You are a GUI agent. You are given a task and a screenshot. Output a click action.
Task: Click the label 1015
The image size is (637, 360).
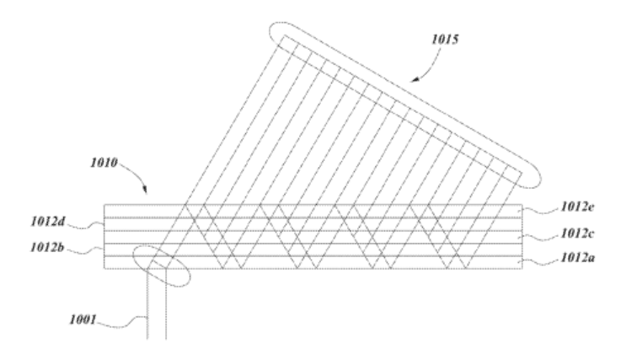[445, 40]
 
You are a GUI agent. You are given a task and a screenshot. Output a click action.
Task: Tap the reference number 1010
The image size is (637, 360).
[104, 163]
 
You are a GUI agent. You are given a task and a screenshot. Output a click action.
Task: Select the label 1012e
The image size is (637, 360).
[577, 207]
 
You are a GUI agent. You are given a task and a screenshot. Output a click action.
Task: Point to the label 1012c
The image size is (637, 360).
[577, 234]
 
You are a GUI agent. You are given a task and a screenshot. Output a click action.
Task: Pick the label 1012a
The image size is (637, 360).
[577, 258]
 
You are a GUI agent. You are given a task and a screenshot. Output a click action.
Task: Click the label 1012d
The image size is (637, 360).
[48, 222]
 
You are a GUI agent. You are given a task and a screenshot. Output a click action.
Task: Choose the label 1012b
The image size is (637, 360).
[47, 247]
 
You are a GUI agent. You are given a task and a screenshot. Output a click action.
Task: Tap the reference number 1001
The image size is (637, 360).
[83, 320]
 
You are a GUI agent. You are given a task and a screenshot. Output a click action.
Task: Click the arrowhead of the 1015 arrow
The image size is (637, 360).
[415, 79]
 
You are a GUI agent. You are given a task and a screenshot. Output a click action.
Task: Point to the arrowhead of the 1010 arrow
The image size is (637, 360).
[145, 190]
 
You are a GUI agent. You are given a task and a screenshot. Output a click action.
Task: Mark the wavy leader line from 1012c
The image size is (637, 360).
[541, 237]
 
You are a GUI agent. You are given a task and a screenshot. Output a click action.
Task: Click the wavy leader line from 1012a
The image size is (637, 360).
[541, 261]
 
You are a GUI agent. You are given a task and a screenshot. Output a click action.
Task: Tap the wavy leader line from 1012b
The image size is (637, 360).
[85, 250]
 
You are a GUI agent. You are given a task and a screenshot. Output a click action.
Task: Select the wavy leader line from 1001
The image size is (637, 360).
[122, 322]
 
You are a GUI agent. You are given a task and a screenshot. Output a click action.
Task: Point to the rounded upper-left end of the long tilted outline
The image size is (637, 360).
[273, 27]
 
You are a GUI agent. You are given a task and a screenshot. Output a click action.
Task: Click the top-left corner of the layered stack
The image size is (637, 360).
[104, 205]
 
